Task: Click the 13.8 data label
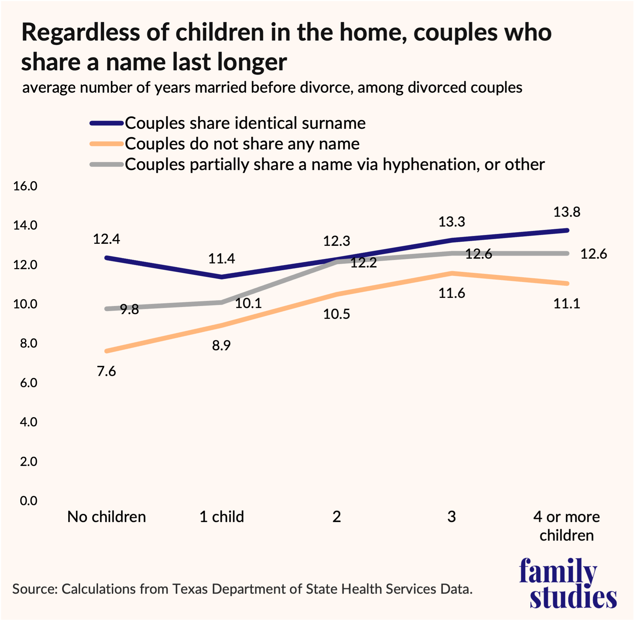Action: pyautogui.click(x=566, y=212)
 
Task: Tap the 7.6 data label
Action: pyautogui.click(x=106, y=372)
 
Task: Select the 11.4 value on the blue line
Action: pyautogui.click(x=221, y=259)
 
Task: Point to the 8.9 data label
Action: pyautogui.click(x=221, y=345)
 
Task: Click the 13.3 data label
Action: pyautogui.click(x=451, y=222)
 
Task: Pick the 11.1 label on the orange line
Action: pyautogui.click(x=566, y=304)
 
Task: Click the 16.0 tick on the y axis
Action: pyautogui.click(x=25, y=186)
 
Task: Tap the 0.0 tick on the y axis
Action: pyautogui.click(x=28, y=501)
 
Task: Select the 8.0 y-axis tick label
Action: pyautogui.click(x=28, y=343)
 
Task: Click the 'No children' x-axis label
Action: pyautogui.click(x=106, y=517)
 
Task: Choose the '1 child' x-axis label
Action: pyautogui.click(x=221, y=517)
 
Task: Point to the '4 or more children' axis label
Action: pyautogui.click(x=566, y=526)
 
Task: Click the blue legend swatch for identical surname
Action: pyautogui.click(x=106, y=123)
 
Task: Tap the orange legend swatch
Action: pyautogui.click(x=106, y=144)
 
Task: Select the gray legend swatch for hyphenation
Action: pyautogui.click(x=106, y=165)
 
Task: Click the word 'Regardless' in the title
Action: pyautogui.click(x=80, y=33)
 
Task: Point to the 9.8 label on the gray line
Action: pyautogui.click(x=129, y=309)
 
